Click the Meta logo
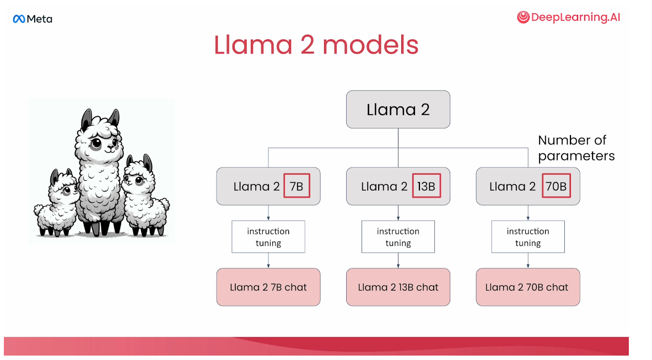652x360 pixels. click(33, 19)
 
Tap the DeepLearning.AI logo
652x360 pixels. click(569, 18)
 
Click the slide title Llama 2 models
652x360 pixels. click(316, 45)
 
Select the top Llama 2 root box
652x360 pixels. click(398, 110)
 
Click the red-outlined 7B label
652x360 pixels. click(297, 186)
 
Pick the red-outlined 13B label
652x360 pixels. click(426, 186)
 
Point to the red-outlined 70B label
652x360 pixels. click(556, 186)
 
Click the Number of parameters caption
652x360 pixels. click(576, 148)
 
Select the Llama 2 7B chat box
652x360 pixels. click(268, 287)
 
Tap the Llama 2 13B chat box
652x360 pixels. click(398, 287)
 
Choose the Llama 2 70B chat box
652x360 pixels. click(527, 287)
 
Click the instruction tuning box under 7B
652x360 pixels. click(268, 237)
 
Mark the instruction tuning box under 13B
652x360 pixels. click(398, 237)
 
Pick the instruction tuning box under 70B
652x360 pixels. click(527, 237)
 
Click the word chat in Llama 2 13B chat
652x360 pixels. click(427, 287)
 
